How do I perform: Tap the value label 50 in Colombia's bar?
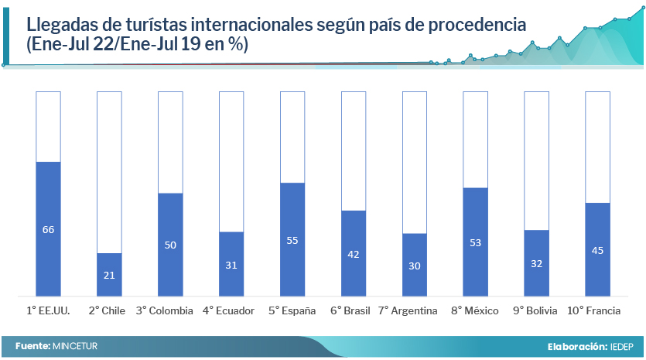pyautogui.click(x=170, y=245)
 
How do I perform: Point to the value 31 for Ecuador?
pyautogui.click(x=231, y=265)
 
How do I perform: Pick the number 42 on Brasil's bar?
pyautogui.click(x=354, y=253)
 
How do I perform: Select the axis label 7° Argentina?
pyautogui.click(x=408, y=311)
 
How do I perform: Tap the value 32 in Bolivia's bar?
pyautogui.click(x=536, y=263)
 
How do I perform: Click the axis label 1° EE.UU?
pyautogui.click(x=48, y=311)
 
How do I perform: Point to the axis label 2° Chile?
pyautogui.click(x=107, y=311)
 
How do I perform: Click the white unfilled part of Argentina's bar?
pyautogui.click(x=415, y=163)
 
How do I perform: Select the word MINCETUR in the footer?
pyautogui.click(x=75, y=345)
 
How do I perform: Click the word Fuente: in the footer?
pyautogui.click(x=32, y=345)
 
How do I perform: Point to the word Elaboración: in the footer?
pyautogui.click(x=576, y=345)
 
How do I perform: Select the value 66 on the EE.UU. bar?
pyautogui.click(x=48, y=229)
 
